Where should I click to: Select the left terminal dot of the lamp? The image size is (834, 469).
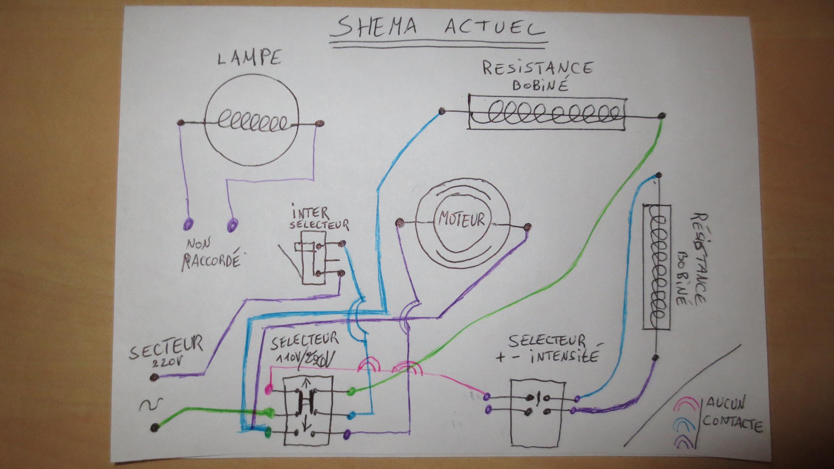181,123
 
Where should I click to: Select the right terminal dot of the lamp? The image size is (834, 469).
319,124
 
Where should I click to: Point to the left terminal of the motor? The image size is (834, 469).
400,221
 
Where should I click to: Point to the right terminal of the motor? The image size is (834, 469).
528,227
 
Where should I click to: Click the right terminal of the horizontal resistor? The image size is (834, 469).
662,116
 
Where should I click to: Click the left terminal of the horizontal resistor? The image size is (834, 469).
441,111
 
